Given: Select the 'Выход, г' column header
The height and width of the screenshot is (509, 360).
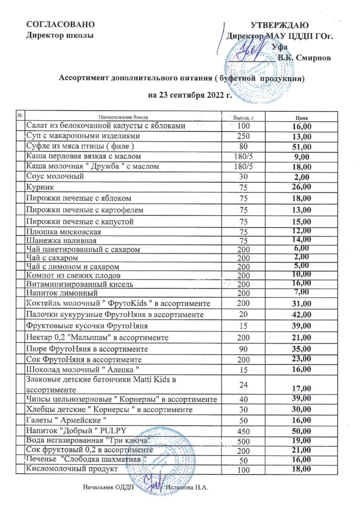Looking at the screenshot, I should [244, 117].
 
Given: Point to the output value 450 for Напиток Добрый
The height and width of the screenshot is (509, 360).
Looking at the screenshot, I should [244, 430].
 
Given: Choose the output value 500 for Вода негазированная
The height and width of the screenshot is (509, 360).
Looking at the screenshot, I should [244, 440].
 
